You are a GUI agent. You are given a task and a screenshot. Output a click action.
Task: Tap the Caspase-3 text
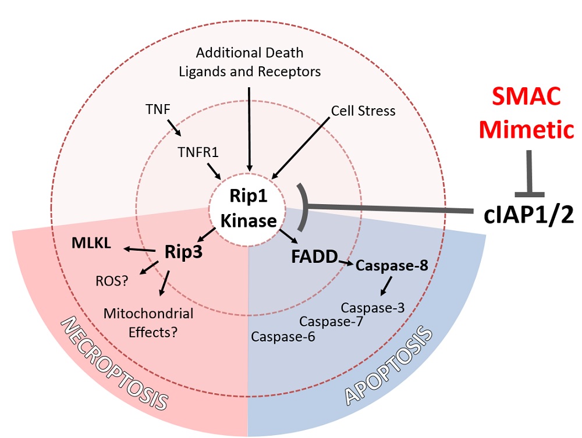[372, 308]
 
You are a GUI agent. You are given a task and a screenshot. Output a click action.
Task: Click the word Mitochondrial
[148, 314]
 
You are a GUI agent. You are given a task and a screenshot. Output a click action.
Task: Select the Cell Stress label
[363, 110]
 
